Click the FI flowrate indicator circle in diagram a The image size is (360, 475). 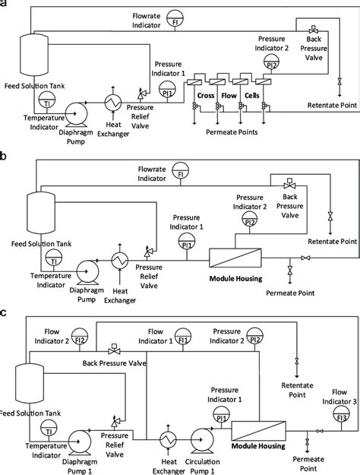click(175, 18)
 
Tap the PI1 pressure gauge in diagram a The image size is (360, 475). click(167, 90)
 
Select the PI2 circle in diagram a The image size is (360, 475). click(271, 62)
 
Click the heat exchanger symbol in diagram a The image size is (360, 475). click(113, 103)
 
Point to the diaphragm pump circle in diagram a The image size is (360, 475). click(76, 113)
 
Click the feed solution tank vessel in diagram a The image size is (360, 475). click(34, 54)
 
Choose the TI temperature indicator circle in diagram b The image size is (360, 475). click(54, 258)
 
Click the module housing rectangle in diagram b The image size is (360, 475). click(235, 258)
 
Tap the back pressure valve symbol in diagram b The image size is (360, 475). click(289, 184)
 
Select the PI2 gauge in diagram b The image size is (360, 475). click(249, 220)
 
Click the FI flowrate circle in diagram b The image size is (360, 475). click(181, 171)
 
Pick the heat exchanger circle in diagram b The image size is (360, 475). click(120, 260)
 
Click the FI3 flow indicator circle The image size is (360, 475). click(341, 414)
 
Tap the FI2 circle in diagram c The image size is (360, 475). click(79, 336)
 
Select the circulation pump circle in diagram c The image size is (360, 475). click(202, 439)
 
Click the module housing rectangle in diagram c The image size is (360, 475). click(258, 431)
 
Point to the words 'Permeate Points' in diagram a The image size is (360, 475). click(232, 132)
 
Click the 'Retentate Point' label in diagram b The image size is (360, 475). click(333, 242)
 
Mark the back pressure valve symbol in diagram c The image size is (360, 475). click(114, 350)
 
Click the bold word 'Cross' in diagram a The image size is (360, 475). click(206, 96)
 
